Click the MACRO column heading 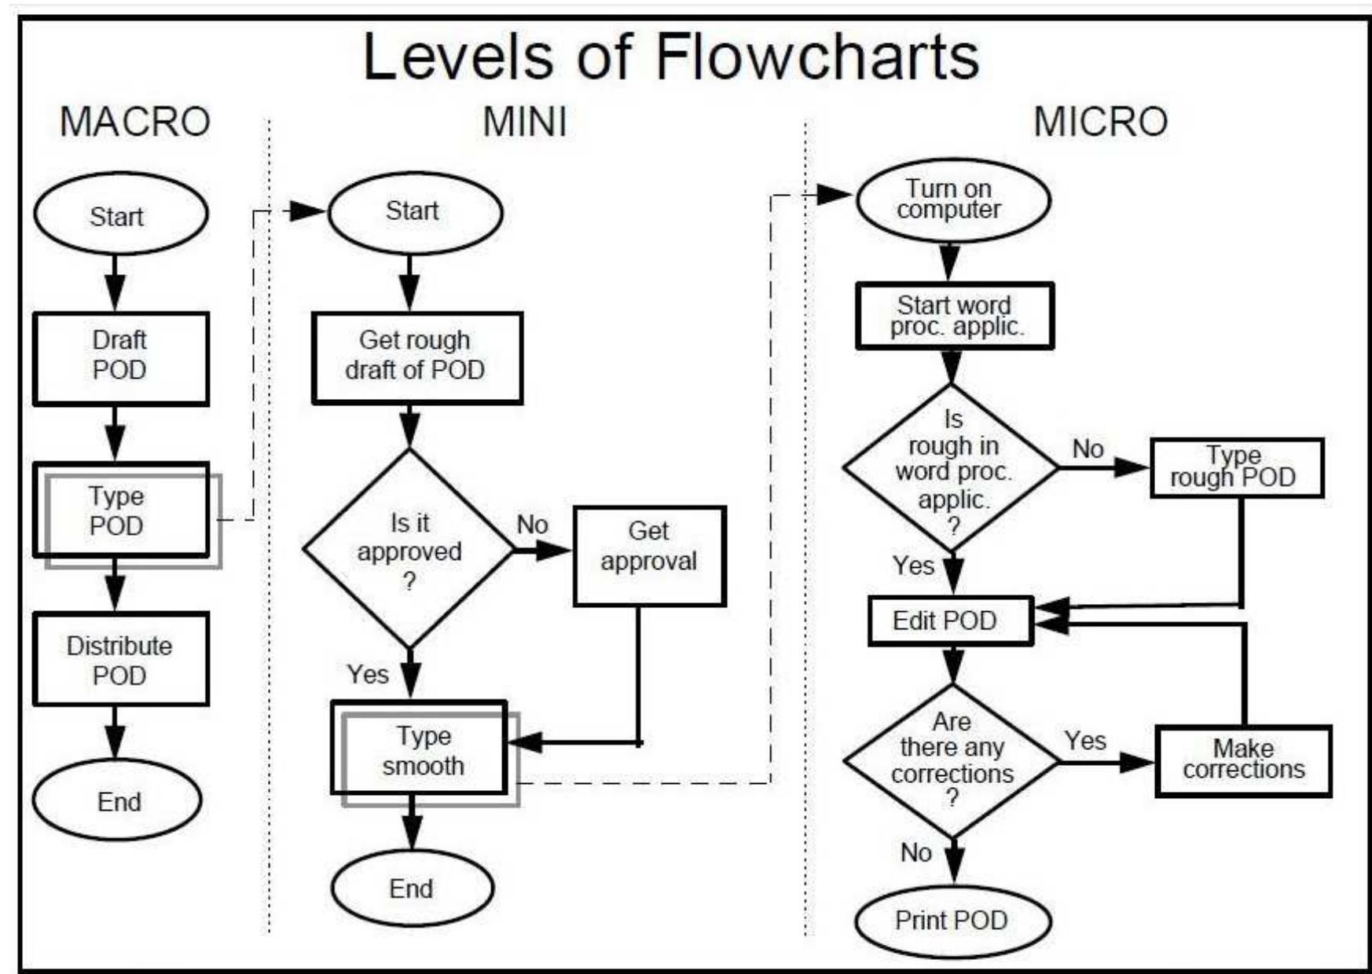(x=135, y=122)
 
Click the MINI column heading (x=524, y=122)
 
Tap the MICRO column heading (x=1100, y=122)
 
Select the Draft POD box (x=120, y=357)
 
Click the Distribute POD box (x=120, y=660)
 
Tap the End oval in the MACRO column (x=117, y=800)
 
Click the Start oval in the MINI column (x=414, y=212)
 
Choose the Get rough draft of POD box (x=416, y=357)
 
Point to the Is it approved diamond (x=409, y=550)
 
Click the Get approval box (x=649, y=555)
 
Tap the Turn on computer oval (x=952, y=200)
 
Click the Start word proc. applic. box (x=955, y=316)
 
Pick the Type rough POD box (x=1236, y=468)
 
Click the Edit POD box (x=950, y=621)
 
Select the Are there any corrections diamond (x=952, y=760)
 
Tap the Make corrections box (x=1243, y=760)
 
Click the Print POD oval (x=952, y=920)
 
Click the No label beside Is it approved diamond (x=532, y=524)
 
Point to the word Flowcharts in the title (x=817, y=57)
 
